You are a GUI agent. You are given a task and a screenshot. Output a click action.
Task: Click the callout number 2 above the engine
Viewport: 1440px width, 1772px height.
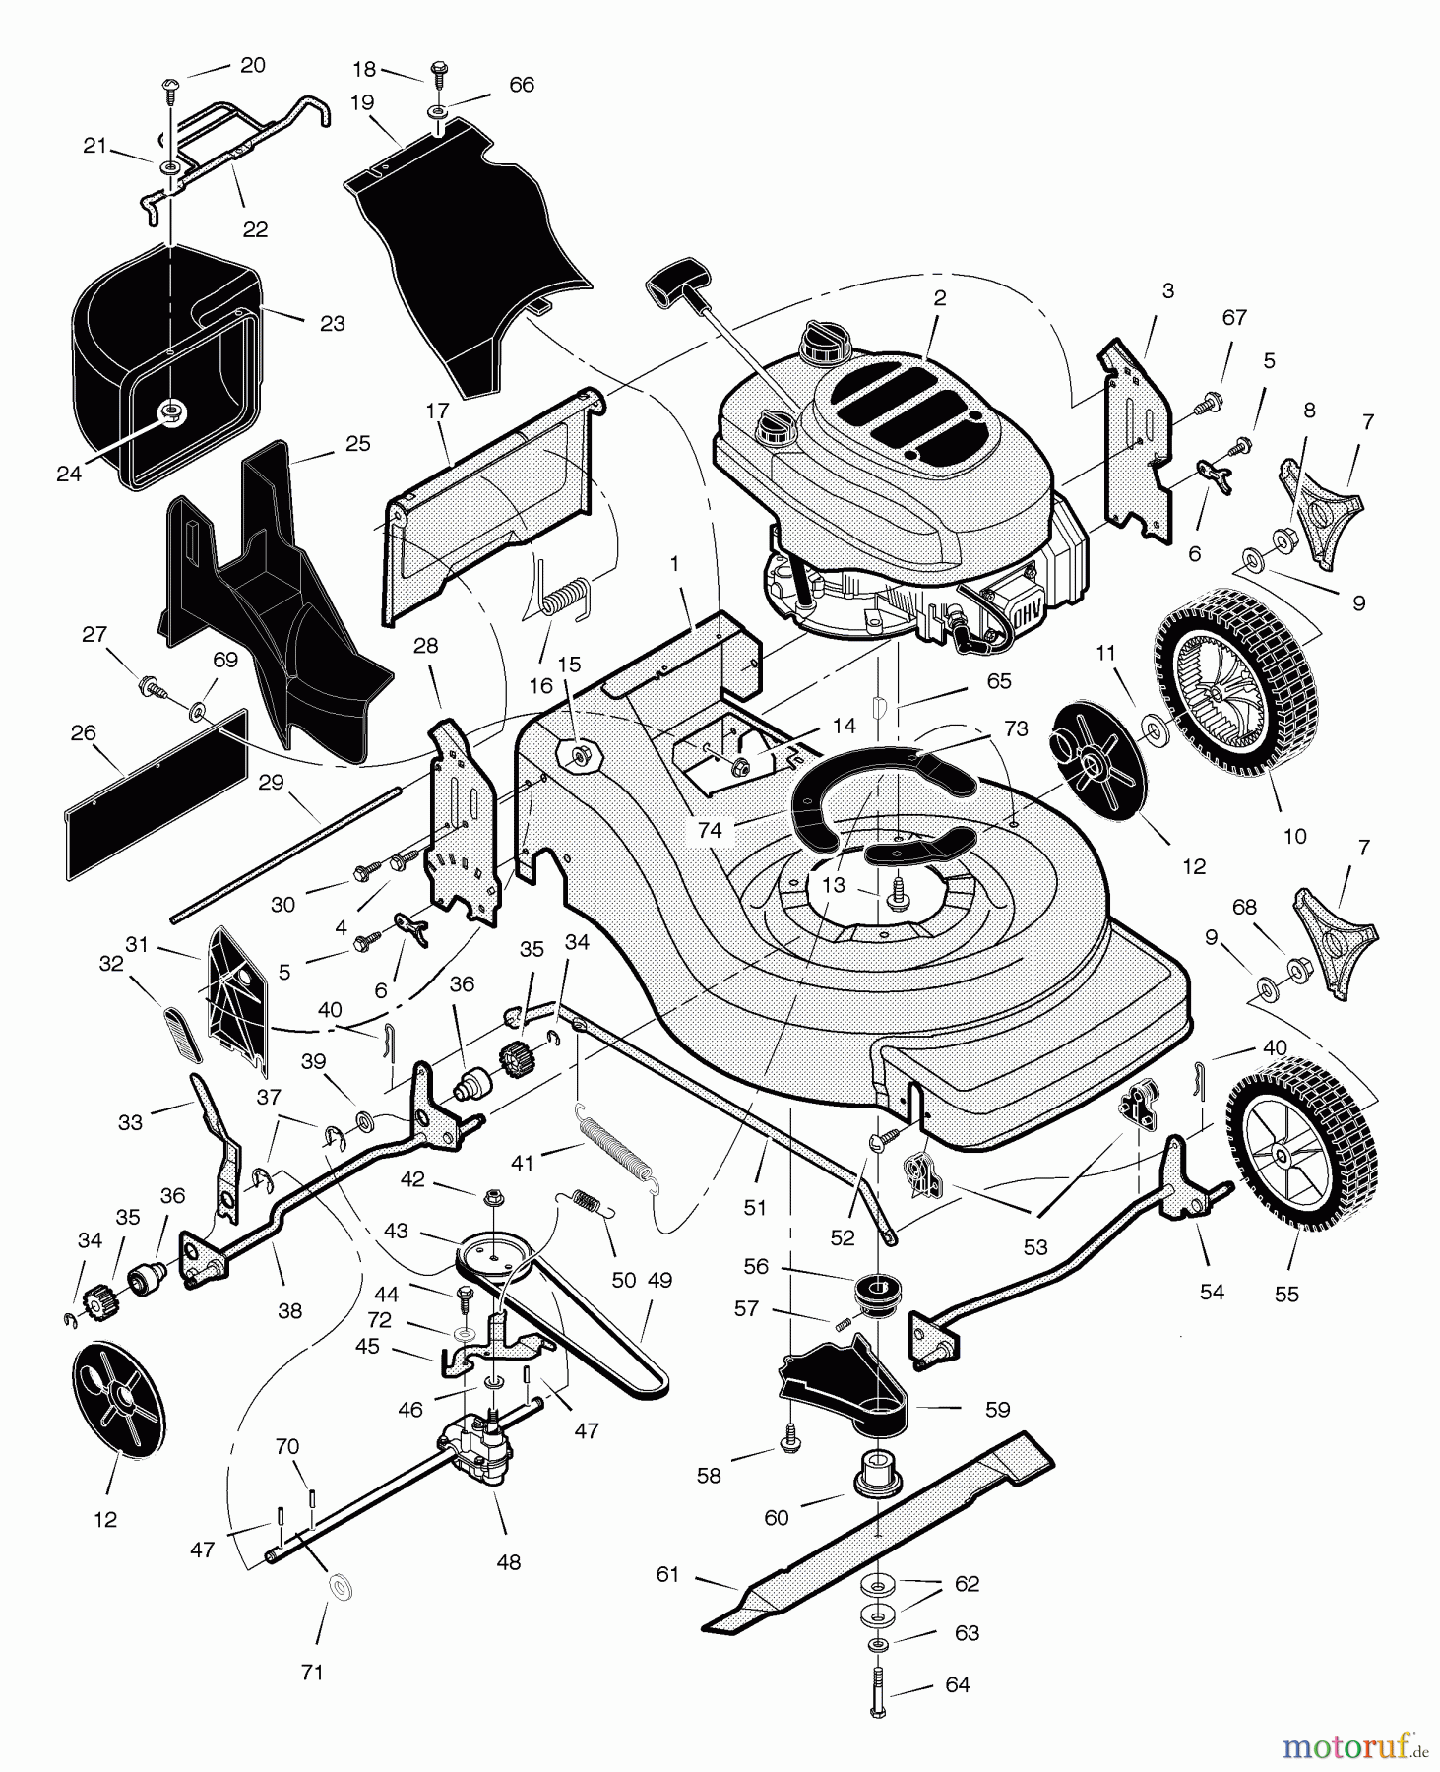(x=940, y=298)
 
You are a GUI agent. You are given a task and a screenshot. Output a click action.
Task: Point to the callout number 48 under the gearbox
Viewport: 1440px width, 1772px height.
(x=509, y=1561)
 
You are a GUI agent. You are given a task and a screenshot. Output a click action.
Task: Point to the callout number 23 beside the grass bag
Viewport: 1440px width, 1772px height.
(x=333, y=323)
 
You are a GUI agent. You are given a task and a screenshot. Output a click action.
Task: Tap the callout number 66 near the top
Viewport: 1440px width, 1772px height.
(x=522, y=85)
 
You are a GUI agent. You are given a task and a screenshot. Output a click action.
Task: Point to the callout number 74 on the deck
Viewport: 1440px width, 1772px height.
(x=710, y=830)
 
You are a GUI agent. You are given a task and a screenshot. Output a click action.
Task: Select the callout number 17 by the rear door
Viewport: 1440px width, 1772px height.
(x=437, y=411)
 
